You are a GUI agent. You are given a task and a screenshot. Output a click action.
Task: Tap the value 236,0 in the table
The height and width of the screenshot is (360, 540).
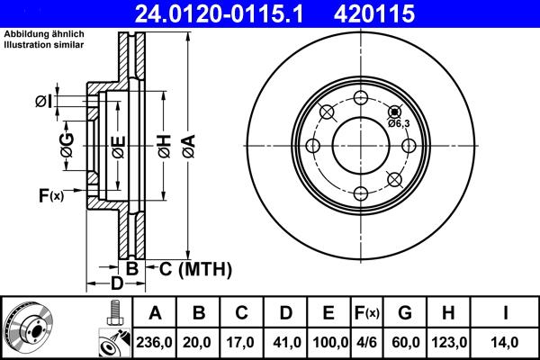(155, 343)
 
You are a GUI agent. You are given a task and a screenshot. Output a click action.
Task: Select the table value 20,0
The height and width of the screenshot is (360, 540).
(199, 343)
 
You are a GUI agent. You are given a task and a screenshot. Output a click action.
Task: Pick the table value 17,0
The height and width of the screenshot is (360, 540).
(242, 343)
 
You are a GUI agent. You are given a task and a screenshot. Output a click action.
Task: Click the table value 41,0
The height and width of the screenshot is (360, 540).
(286, 343)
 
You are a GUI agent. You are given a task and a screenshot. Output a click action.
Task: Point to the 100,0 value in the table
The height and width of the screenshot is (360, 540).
(328, 343)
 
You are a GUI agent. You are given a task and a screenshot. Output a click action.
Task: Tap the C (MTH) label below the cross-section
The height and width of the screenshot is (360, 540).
(195, 268)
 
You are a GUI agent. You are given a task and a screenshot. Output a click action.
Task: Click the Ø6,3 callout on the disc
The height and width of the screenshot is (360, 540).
(399, 123)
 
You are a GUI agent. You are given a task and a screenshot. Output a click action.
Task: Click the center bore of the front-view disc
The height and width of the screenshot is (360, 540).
(360, 146)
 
